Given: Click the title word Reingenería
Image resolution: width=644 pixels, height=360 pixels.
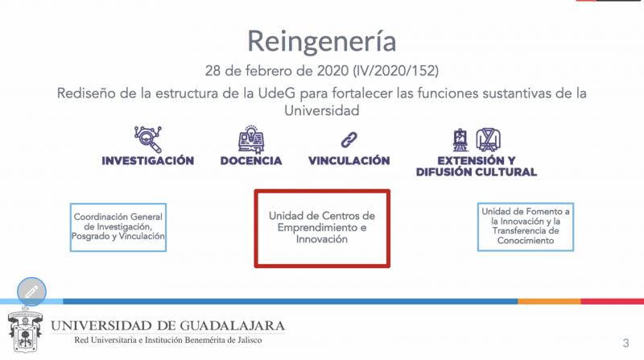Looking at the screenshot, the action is pyautogui.click(x=321, y=41).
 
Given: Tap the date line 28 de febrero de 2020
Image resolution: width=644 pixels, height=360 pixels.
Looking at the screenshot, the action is pyautogui.click(x=277, y=71).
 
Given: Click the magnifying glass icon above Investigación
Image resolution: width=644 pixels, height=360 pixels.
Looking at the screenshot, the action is pyautogui.click(x=148, y=139).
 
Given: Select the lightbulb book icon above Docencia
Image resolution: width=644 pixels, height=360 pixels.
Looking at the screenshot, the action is pyautogui.click(x=251, y=139).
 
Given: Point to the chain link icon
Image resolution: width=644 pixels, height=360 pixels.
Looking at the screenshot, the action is pyautogui.click(x=349, y=139).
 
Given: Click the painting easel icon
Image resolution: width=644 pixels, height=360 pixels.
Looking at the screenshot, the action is pyautogui.click(x=460, y=140).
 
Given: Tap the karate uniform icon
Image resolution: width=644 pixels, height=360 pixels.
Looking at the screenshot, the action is pyautogui.click(x=489, y=139).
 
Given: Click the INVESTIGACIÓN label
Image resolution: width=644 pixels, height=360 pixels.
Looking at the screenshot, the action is pyautogui.click(x=148, y=161).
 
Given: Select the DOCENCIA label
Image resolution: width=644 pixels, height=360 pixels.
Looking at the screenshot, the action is pyautogui.click(x=251, y=161).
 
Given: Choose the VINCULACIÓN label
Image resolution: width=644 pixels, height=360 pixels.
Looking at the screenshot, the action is pyautogui.click(x=349, y=161).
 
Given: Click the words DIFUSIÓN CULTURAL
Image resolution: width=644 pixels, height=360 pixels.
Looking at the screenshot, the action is pyautogui.click(x=477, y=172).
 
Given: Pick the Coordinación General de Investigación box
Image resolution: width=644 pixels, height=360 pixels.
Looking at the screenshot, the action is pyautogui.click(x=118, y=227).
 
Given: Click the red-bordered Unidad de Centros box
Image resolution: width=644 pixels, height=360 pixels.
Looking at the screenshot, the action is pyautogui.click(x=322, y=229).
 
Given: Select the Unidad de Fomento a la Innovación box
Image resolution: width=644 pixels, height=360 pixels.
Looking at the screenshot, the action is pyautogui.click(x=526, y=226).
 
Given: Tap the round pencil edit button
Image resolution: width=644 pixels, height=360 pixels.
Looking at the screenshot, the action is pyautogui.click(x=31, y=292).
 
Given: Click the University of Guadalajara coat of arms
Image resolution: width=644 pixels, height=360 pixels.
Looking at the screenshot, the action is pyautogui.click(x=25, y=330).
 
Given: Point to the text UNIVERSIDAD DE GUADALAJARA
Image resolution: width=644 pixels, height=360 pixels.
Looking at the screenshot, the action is pyautogui.click(x=167, y=326).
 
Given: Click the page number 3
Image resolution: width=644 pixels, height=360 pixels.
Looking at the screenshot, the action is pyautogui.click(x=625, y=343).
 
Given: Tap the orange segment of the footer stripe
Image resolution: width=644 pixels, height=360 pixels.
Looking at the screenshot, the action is pyautogui.click(x=549, y=302).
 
